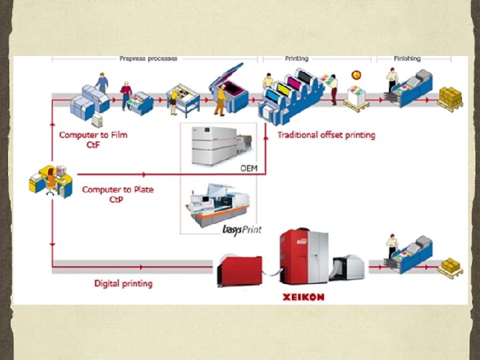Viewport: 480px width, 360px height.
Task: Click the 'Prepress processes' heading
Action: click(x=149, y=59)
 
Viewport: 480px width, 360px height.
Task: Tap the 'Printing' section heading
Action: click(x=297, y=59)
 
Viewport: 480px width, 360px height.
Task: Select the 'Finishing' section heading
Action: click(x=407, y=59)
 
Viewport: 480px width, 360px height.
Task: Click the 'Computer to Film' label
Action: click(x=93, y=135)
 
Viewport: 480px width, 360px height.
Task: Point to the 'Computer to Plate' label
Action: click(x=117, y=189)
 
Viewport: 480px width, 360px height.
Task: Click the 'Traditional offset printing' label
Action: click(x=326, y=135)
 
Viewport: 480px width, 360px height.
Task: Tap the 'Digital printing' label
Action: click(x=123, y=283)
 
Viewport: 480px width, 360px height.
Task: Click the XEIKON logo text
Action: click(x=303, y=297)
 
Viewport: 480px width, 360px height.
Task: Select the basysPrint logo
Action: click(x=241, y=230)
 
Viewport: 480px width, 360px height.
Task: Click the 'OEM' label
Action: click(x=249, y=168)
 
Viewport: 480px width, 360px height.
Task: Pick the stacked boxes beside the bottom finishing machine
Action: click(x=452, y=267)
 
